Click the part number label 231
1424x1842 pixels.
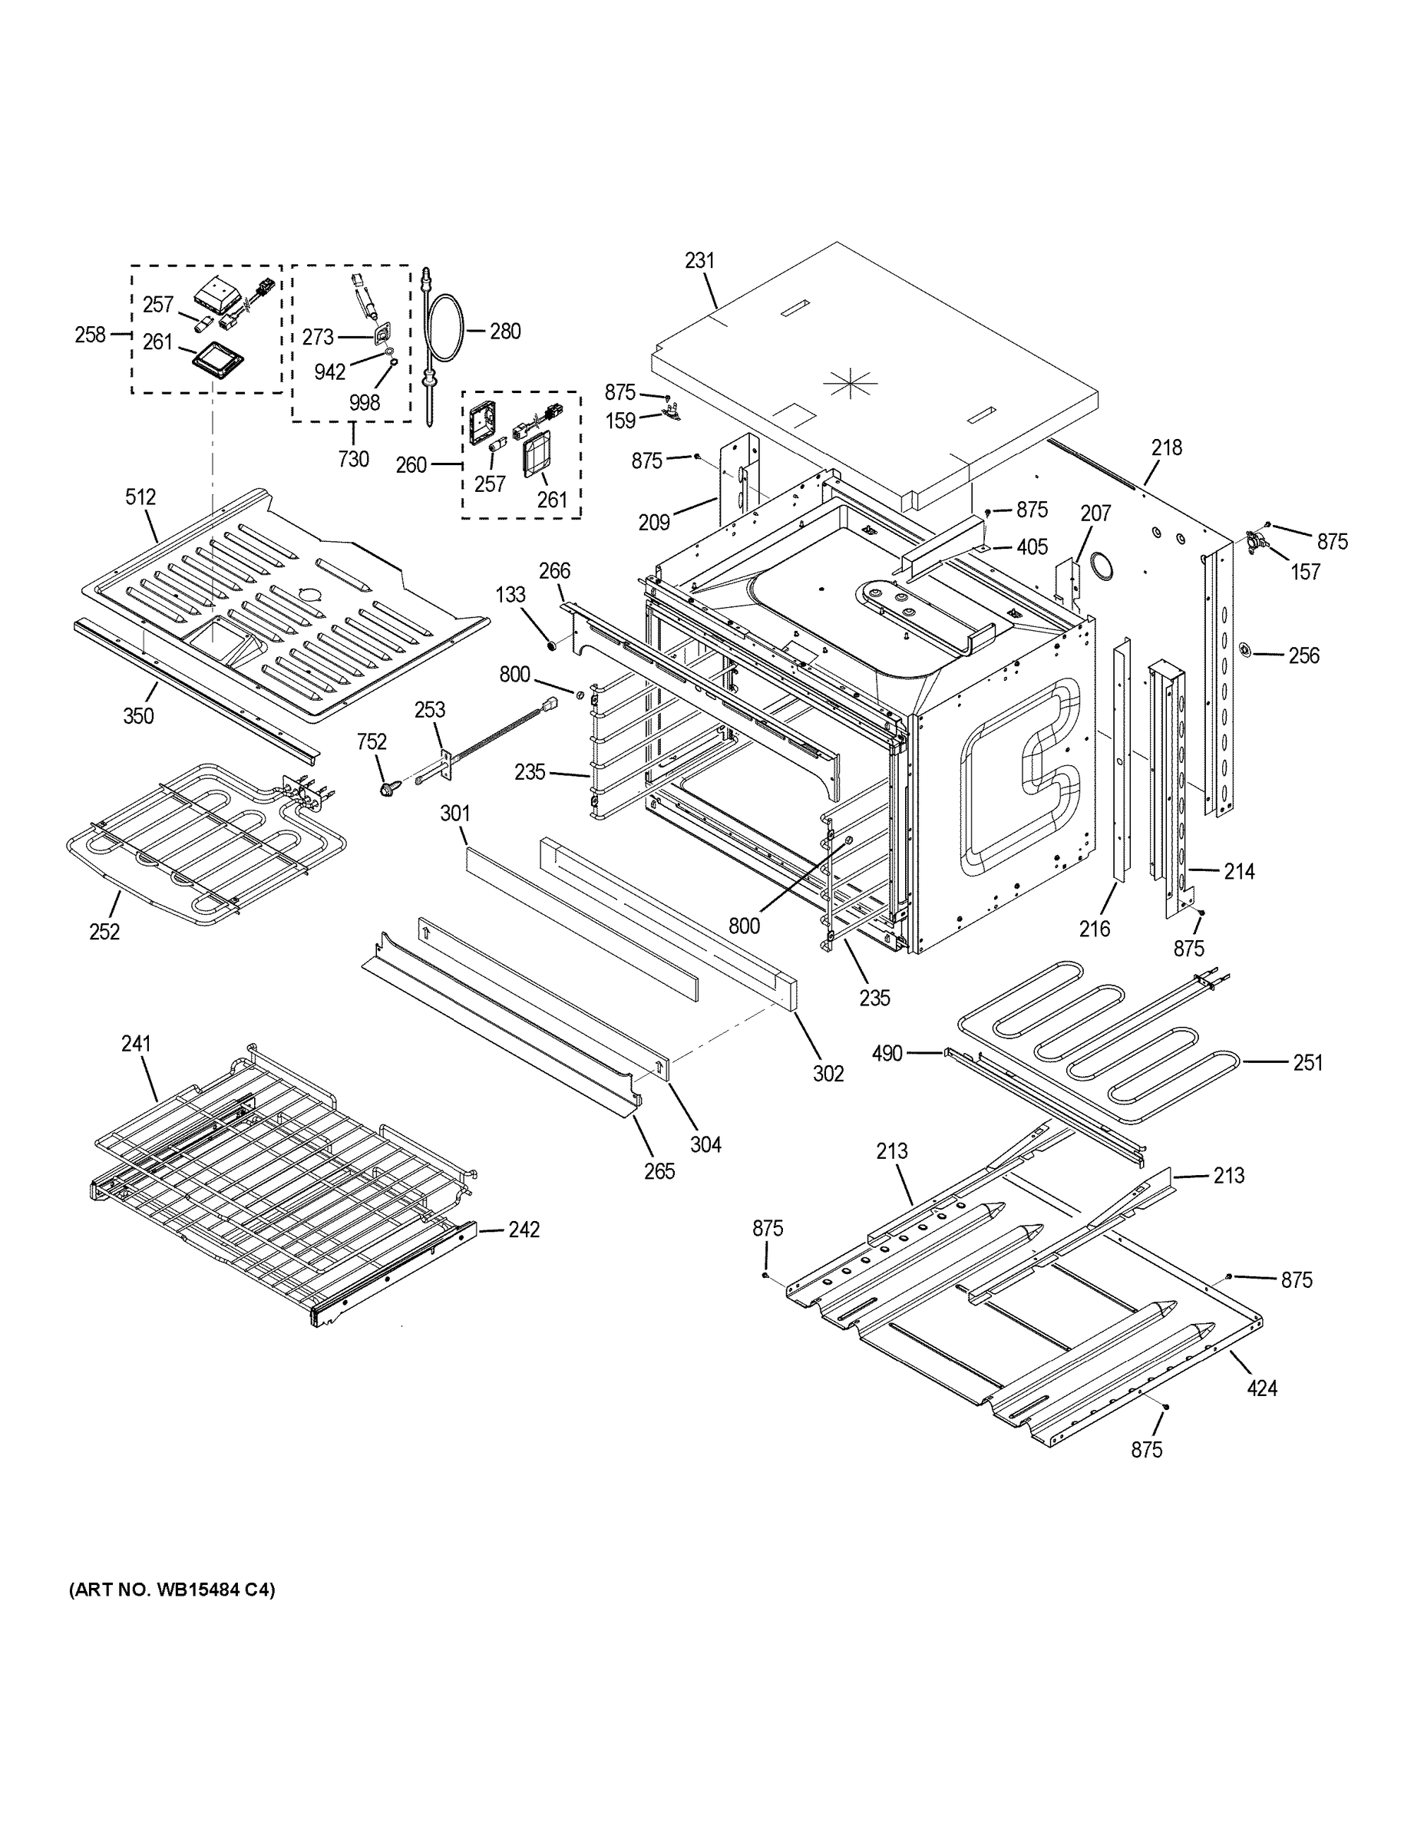tap(699, 261)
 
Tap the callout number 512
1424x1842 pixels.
tap(141, 497)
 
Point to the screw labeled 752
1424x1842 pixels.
tap(390, 788)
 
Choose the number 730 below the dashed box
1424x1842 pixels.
tap(353, 459)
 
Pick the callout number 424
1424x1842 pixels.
tap(1262, 1388)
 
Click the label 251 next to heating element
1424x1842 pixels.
tap(1307, 1063)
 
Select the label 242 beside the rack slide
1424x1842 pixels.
tap(524, 1230)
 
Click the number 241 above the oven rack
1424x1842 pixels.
tap(136, 1043)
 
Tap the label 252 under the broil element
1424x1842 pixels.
tap(104, 931)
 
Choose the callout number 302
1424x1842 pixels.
tap(828, 1073)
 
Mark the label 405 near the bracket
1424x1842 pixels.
tap(1032, 546)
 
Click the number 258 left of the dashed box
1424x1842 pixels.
tap(89, 335)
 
